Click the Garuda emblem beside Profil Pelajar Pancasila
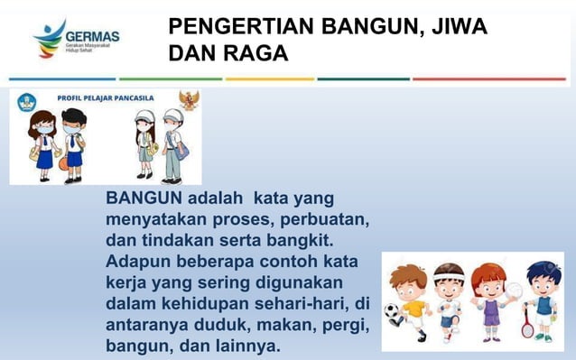[189, 99]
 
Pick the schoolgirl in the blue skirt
[42, 143]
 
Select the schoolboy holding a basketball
[73, 144]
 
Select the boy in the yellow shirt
[412, 298]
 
